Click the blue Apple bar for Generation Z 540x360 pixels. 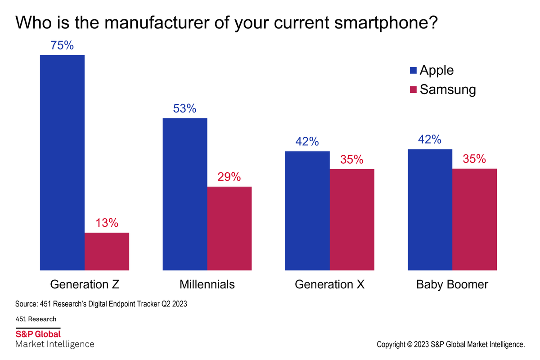point(62,162)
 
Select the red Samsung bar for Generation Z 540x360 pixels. point(107,251)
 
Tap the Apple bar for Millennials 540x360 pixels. point(184,194)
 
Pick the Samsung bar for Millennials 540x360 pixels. point(229,228)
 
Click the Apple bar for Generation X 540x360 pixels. point(307,211)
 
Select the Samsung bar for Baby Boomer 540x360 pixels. point(474,219)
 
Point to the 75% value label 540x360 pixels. point(63,45)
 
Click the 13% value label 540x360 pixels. point(107,223)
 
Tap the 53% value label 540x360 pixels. point(184,108)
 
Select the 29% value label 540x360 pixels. point(229,177)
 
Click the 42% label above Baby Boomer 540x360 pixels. point(429,139)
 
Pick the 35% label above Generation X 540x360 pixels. point(351,160)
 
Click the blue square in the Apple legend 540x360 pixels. point(413,71)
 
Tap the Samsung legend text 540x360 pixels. point(447,90)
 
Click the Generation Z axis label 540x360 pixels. point(84,284)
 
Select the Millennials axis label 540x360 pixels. point(207,284)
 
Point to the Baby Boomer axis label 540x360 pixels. point(452,284)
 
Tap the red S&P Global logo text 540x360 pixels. point(38,334)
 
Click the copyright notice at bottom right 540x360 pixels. point(451,345)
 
